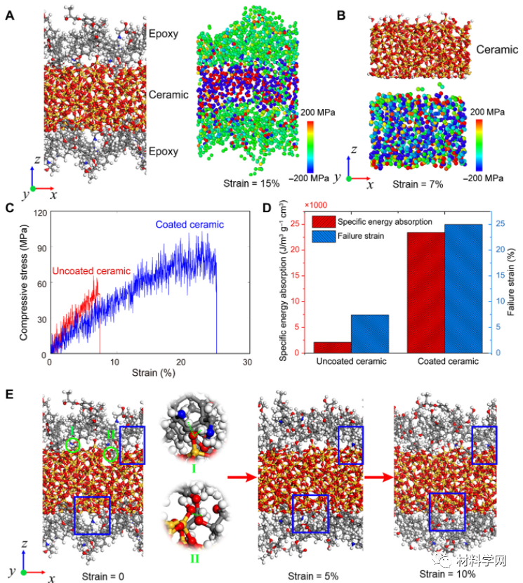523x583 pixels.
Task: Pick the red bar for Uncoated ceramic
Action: point(333,347)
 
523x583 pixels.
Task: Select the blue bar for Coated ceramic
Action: point(463,288)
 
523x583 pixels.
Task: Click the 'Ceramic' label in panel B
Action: point(497,51)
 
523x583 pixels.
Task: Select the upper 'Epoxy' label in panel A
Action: point(163,32)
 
